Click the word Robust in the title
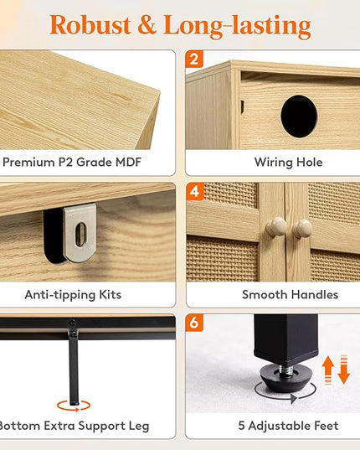[x=90, y=25]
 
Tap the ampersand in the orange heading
[x=147, y=25]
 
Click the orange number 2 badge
[x=194, y=59]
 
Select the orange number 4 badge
[x=195, y=191]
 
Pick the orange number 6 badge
[x=194, y=323]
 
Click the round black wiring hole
[x=299, y=116]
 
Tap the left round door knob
[x=276, y=227]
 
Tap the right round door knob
[x=302, y=229]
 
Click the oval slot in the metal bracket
[x=81, y=235]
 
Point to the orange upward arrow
[x=328, y=370]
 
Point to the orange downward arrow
[x=343, y=370]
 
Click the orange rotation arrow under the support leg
[x=74, y=406]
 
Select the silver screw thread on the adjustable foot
[x=286, y=369]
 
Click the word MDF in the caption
[x=128, y=162]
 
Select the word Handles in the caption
[x=314, y=295]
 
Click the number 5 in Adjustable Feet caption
[x=241, y=426]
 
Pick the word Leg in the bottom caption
[x=139, y=427]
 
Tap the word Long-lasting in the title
[x=237, y=26]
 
